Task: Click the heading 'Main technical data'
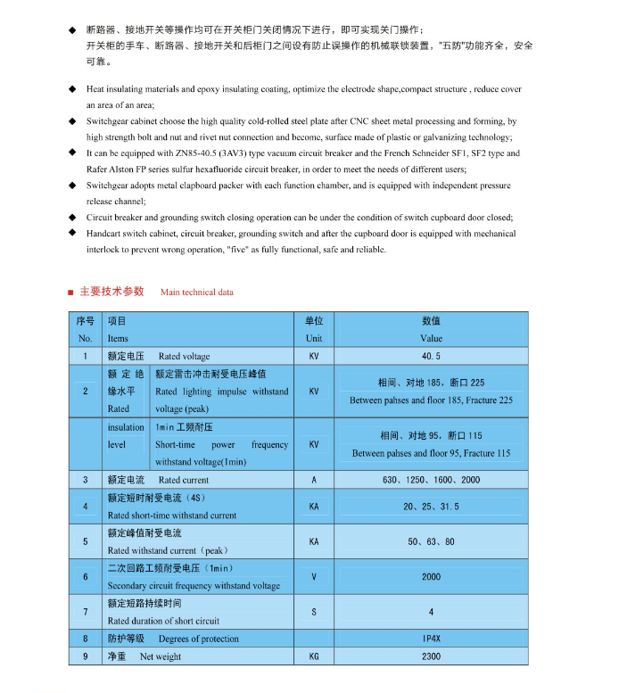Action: click(197, 292)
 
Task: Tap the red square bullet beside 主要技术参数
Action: click(70, 292)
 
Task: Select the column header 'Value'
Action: click(431, 338)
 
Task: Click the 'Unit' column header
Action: click(314, 338)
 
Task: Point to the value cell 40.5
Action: click(431, 356)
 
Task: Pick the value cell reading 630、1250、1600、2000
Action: click(431, 480)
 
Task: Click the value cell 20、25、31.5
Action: click(431, 506)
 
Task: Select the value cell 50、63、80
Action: click(431, 541)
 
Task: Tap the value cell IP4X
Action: click(431, 639)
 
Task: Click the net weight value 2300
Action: click(431, 656)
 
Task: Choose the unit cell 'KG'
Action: click(314, 656)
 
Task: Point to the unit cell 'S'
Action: click(314, 612)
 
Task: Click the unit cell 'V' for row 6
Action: click(314, 577)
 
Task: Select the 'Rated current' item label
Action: click(184, 480)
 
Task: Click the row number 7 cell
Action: click(86, 612)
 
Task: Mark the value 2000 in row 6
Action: click(431, 577)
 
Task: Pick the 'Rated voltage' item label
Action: click(184, 356)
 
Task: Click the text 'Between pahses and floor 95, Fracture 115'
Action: click(431, 453)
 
